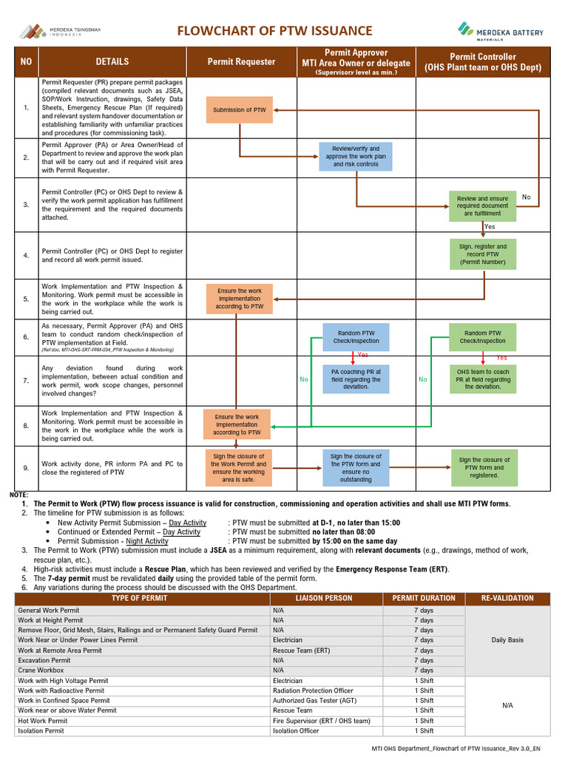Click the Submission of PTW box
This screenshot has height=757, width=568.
(239, 109)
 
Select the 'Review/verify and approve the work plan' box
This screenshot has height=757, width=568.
(356, 157)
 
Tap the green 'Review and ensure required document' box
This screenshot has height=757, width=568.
(482, 206)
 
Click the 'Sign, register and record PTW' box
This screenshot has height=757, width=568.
(482, 254)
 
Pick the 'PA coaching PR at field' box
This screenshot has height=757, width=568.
(356, 379)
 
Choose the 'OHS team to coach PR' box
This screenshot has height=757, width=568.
(482, 379)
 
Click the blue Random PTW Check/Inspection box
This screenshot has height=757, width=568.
(356, 337)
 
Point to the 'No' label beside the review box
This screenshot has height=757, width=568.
(526, 197)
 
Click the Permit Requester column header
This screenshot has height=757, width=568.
(241, 62)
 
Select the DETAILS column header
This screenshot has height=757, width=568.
(112, 62)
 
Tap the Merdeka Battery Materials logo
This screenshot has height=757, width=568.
(501, 30)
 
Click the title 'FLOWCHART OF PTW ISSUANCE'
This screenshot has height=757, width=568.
(274, 30)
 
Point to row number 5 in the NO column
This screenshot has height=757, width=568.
(26, 299)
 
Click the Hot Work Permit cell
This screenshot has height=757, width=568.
(43, 721)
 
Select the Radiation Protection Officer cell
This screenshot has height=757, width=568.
(313, 690)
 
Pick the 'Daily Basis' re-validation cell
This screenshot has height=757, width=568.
(507, 640)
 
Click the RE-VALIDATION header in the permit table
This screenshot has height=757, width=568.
(507, 598)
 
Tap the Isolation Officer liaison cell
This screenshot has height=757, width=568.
(296, 731)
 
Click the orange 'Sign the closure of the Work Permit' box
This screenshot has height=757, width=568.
(239, 467)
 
